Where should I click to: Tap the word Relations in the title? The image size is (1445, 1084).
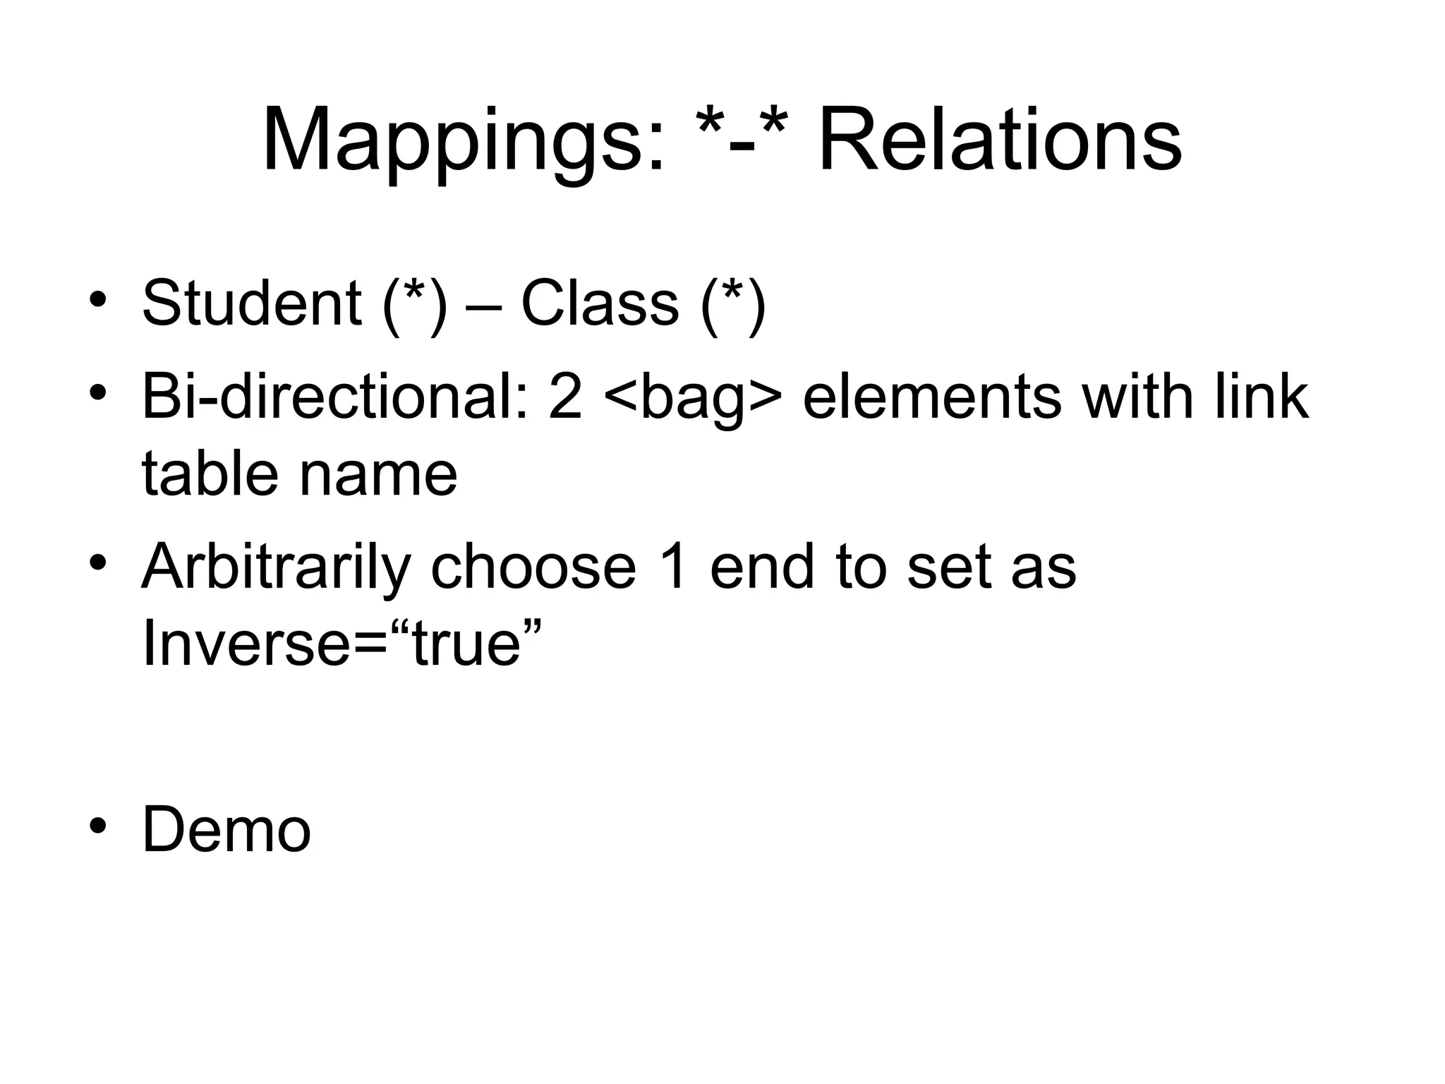[x=999, y=140]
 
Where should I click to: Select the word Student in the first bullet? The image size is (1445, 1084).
[x=252, y=303]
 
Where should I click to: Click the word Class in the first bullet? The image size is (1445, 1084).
[x=599, y=303]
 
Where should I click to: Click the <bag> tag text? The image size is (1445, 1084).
[x=693, y=398]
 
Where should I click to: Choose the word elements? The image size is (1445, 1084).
[x=931, y=397]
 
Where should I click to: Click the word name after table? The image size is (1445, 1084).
[x=378, y=474]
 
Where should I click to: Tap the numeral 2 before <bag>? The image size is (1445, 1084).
[x=565, y=397]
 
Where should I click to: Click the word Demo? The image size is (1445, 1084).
[x=226, y=830]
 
